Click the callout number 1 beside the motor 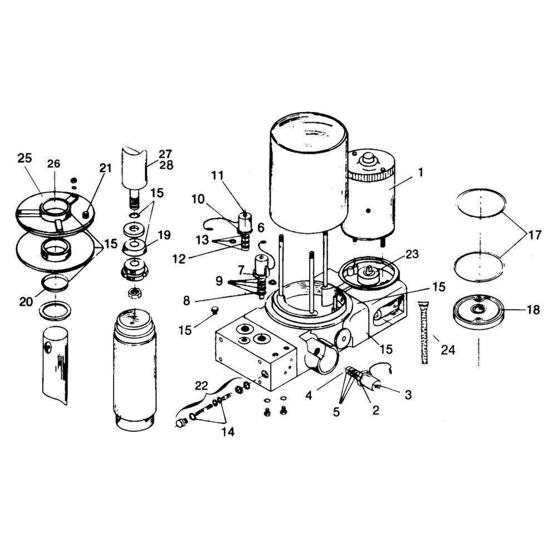click(x=421, y=173)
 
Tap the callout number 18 click(x=533, y=310)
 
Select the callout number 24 click(x=448, y=350)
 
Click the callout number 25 click(x=25, y=158)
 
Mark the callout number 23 click(x=412, y=254)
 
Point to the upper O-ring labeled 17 click(x=481, y=203)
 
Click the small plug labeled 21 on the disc click(x=86, y=215)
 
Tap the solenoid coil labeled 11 click(x=245, y=223)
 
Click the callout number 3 click(x=408, y=395)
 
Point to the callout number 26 click(x=53, y=164)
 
